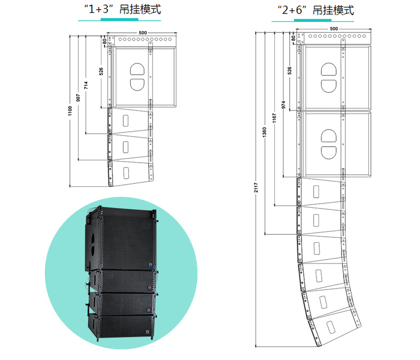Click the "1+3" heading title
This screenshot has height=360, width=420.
pos(122,10)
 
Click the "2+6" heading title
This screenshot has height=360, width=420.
pos(315,11)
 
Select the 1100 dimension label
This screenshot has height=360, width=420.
pos(70,111)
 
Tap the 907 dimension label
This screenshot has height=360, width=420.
pos(78,98)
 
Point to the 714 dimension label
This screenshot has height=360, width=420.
pos(86,85)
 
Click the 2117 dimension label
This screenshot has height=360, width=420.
pos(256,187)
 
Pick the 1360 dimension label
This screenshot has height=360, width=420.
pos(264,132)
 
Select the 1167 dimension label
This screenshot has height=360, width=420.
pos(274,118)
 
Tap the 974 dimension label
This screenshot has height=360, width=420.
pos(283,105)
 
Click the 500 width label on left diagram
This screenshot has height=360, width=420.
pos(143,33)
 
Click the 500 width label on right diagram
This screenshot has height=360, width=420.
pos(334,29)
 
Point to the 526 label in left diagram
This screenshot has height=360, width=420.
pos(101,71)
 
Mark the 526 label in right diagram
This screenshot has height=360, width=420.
pos(289,70)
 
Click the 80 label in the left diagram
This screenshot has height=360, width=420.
pos(105,41)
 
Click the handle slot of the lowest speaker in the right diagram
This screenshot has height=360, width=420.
pos(330,327)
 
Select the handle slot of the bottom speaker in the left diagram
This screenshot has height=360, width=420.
pos(125,173)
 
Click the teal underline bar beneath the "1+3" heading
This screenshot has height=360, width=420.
pos(120,19)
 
